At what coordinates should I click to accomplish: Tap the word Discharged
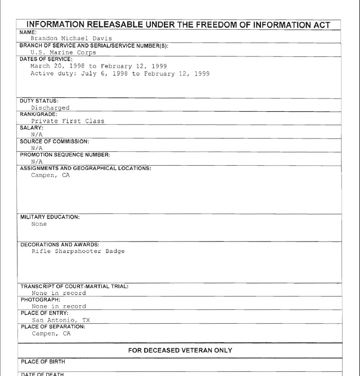[50, 108]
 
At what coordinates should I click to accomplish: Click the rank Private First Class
[68, 121]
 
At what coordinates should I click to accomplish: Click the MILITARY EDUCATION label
[49, 217]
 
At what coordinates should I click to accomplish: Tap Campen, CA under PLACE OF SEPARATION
[50, 334]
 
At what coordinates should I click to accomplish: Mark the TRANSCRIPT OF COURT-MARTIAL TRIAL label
[74, 286]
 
